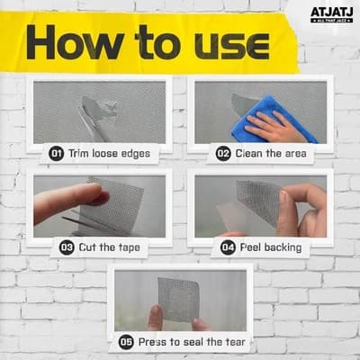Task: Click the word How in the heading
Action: click(x=85, y=43)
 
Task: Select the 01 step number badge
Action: click(x=56, y=154)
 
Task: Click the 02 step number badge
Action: click(x=223, y=154)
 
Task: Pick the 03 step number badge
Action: click(x=67, y=246)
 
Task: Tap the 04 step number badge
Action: click(x=228, y=246)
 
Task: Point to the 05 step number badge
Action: click(x=126, y=341)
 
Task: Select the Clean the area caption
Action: click(x=273, y=154)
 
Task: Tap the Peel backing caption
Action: click(x=274, y=246)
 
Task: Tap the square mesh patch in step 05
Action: click(x=180, y=298)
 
